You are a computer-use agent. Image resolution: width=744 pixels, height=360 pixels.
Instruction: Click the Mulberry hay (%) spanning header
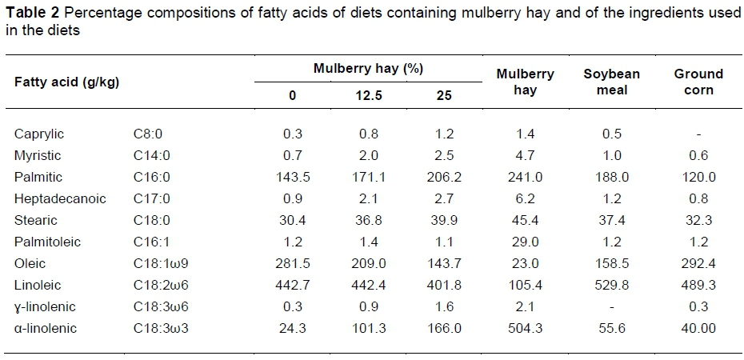coord(367,69)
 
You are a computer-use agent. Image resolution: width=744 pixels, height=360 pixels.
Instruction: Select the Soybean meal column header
coord(611,82)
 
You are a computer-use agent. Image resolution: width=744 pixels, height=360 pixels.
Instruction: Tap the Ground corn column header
coord(698,82)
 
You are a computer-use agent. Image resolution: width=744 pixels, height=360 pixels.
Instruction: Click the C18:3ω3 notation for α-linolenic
coord(160,328)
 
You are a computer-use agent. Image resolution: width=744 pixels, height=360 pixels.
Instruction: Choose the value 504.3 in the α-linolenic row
coord(525,328)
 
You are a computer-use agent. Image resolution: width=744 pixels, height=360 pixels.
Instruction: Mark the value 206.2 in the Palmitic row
coord(444,177)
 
